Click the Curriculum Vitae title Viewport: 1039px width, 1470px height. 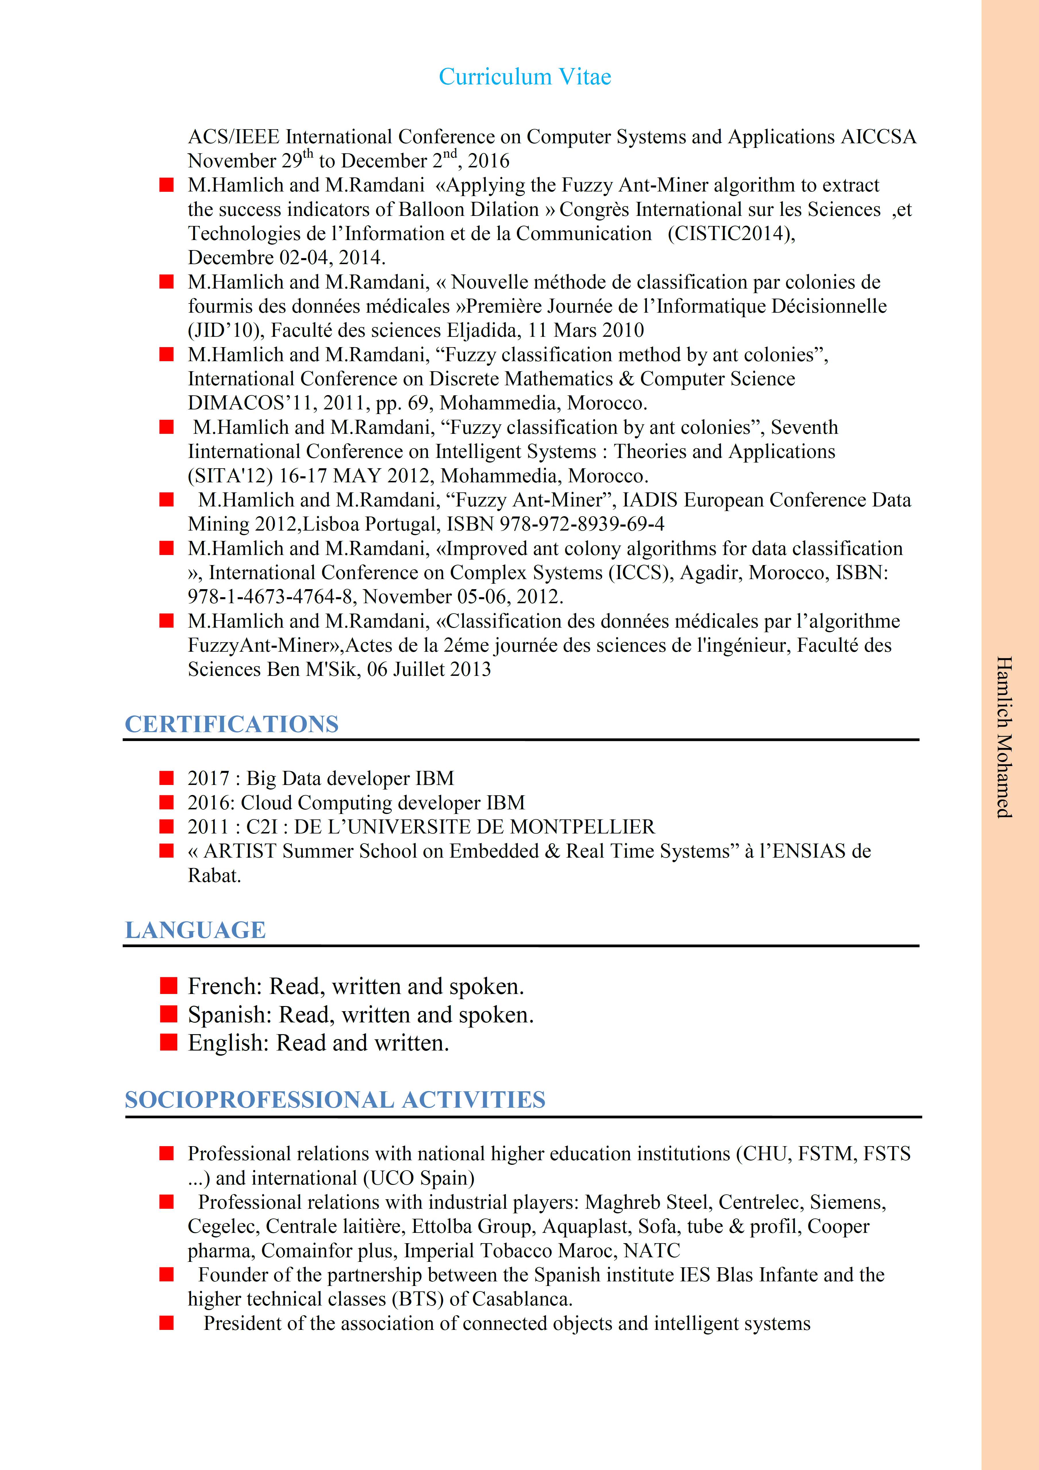[x=525, y=77]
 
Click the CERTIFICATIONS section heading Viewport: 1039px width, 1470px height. [x=231, y=724]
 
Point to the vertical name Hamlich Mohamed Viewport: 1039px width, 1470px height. [x=1004, y=736]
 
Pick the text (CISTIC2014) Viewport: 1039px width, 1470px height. [x=731, y=234]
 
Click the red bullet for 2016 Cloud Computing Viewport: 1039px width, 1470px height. [x=167, y=802]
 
